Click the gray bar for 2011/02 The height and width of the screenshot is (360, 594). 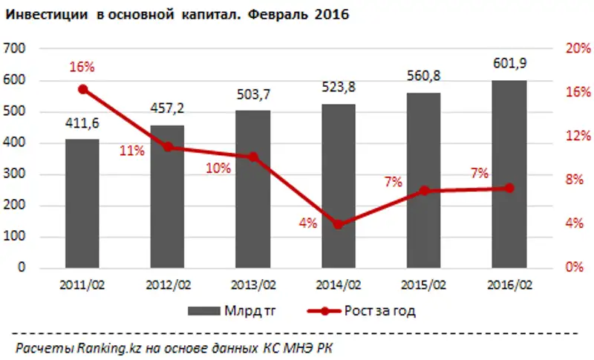point(82,203)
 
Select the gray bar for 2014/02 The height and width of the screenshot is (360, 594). point(339,186)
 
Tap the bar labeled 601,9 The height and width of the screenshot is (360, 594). point(509,174)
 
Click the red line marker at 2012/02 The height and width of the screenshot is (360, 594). point(168,147)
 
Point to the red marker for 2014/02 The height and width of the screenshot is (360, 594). point(339,224)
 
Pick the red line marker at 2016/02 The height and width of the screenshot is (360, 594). point(509,188)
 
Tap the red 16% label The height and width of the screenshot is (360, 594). point(82,67)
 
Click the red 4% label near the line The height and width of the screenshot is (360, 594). point(308,222)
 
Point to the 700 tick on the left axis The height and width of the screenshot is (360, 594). point(15,48)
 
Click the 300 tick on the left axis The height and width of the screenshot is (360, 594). point(15,174)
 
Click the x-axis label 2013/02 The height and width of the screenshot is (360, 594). point(253,284)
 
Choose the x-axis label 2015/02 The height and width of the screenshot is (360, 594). point(424,284)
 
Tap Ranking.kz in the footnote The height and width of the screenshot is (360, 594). point(105,347)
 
